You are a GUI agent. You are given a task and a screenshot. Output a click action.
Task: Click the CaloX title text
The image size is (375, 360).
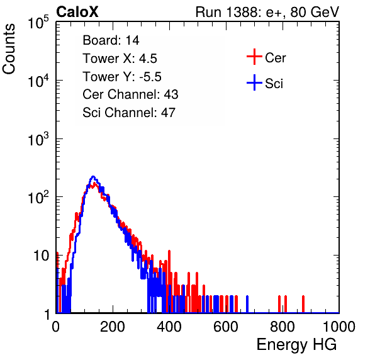tap(77, 12)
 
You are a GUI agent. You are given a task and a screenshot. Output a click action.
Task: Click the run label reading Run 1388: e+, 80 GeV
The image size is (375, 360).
tap(267, 12)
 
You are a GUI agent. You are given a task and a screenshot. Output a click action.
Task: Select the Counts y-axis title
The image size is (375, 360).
tap(9, 49)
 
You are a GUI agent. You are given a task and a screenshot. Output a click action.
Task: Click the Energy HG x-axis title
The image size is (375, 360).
tap(296, 344)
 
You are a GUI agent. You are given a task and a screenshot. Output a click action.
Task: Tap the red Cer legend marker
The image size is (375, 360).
tap(254, 57)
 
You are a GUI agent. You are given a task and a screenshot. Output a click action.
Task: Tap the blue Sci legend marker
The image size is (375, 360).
tap(254, 83)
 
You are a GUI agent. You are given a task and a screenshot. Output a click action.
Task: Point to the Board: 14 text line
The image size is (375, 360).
tap(111, 40)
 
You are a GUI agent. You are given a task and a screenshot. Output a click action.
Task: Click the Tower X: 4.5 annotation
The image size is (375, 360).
tap(120, 59)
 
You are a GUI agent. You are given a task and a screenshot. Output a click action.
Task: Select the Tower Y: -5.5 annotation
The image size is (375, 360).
tap(122, 77)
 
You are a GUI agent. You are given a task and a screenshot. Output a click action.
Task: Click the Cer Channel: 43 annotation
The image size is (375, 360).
tap(130, 94)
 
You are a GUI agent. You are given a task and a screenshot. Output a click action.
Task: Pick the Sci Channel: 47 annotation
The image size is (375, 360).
tap(129, 113)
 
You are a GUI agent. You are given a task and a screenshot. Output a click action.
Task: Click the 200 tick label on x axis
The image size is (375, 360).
tap(113, 327)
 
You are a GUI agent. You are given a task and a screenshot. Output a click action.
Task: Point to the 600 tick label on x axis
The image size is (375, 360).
tap(226, 327)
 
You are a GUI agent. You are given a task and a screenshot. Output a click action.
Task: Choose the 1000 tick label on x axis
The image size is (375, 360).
tap(339, 327)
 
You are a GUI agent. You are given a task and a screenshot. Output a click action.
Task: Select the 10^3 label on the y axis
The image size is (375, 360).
tap(38, 139)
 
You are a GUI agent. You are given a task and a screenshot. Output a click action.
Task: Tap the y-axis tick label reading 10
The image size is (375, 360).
tap(41, 256)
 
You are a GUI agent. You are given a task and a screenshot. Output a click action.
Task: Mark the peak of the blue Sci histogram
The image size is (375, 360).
tap(93, 177)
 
